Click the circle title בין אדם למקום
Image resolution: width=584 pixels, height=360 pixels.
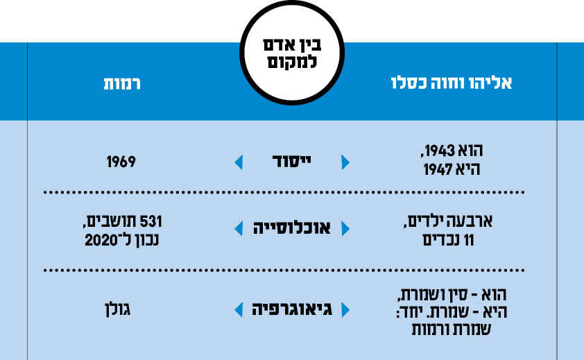(292, 53)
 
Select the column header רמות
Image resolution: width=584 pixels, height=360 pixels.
(122, 83)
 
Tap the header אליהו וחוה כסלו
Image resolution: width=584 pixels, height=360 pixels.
(452, 83)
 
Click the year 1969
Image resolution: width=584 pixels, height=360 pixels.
(121, 162)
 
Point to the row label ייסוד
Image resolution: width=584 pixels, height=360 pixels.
(291, 162)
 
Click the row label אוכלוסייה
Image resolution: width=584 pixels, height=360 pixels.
(291, 228)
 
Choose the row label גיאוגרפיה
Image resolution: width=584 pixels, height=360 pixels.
(292, 309)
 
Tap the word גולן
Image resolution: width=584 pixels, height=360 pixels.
(118, 309)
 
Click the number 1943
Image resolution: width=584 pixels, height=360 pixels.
(440, 151)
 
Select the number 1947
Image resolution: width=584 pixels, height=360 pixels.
(438, 169)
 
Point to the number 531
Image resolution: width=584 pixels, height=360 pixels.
(150, 222)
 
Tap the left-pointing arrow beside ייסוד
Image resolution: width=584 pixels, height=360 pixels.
(239, 162)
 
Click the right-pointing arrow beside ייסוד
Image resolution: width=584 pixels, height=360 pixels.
(345, 162)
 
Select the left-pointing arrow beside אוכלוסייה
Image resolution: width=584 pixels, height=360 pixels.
(239, 228)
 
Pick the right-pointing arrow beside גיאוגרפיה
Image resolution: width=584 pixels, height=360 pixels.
(345, 309)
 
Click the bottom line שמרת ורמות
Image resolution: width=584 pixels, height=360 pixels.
(452, 329)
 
